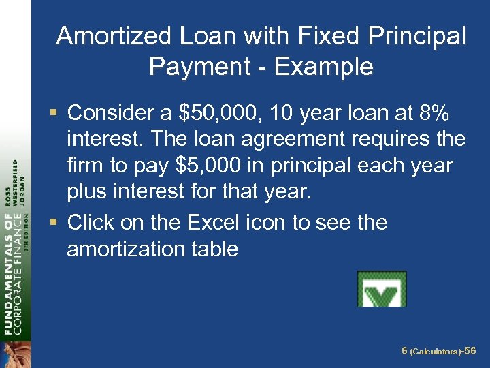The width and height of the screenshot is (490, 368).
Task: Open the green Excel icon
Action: coord(382,289)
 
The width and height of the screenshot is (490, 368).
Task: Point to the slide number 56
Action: coord(471,351)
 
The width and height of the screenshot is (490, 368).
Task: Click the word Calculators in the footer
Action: coord(436,352)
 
